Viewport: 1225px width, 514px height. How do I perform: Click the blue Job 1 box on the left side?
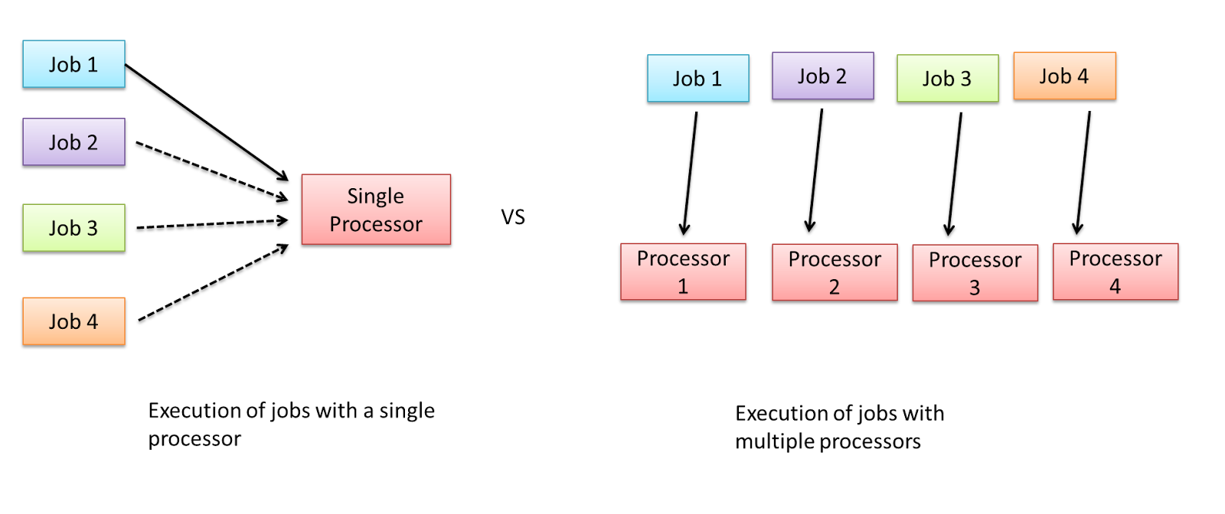[73, 64]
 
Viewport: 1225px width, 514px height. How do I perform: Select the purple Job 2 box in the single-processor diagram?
[73, 142]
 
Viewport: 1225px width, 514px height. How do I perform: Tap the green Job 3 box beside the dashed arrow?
[73, 228]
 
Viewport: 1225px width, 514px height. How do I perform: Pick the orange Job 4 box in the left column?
[73, 321]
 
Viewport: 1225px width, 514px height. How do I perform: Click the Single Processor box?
[376, 210]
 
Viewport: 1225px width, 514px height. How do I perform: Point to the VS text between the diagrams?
[513, 217]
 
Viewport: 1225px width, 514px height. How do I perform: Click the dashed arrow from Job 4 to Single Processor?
[213, 282]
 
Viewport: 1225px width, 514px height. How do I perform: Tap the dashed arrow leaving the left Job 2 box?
[211, 171]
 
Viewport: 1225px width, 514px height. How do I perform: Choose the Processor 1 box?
[683, 272]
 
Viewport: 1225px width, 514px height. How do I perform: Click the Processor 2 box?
[835, 272]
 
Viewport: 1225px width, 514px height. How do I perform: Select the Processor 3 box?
[975, 273]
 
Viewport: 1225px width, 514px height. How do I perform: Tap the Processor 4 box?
[1115, 272]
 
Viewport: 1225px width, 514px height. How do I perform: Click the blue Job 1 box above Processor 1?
[697, 78]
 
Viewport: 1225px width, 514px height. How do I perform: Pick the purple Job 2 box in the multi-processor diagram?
[822, 76]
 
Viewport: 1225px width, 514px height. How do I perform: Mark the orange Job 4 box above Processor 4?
[1064, 76]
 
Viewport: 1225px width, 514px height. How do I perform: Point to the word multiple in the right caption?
[774, 442]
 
